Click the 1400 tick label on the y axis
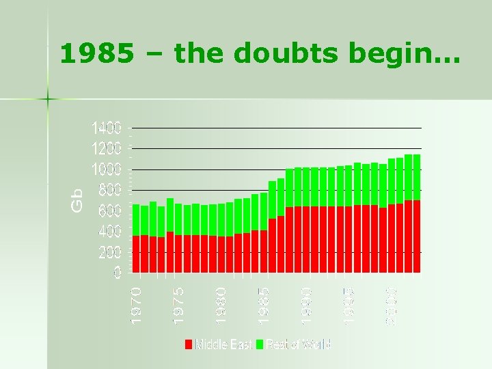pyautogui.click(x=107, y=128)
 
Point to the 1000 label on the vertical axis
pyautogui.click(x=107, y=169)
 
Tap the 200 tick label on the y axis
pyautogui.click(x=109, y=252)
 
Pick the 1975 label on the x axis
pyautogui.click(x=179, y=304)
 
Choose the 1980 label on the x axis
pyautogui.click(x=221, y=304)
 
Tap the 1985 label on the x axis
pyautogui.click(x=264, y=304)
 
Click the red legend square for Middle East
pyautogui.click(x=189, y=344)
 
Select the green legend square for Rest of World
pyautogui.click(x=260, y=344)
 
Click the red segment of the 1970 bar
pyautogui.click(x=136, y=254)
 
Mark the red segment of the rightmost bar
pyautogui.click(x=417, y=236)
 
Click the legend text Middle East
pyautogui.click(x=223, y=344)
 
